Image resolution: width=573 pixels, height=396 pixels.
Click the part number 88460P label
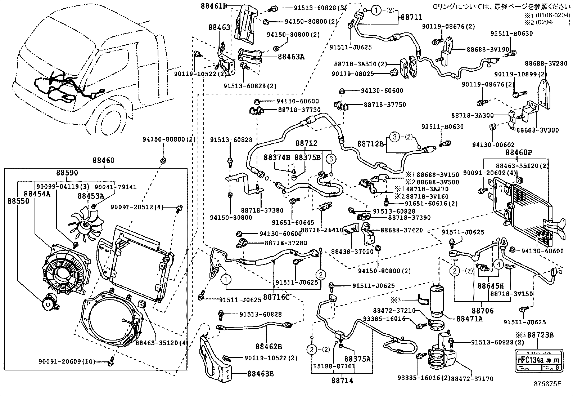tap(518, 152)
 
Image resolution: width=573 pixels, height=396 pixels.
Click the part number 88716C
tap(276, 297)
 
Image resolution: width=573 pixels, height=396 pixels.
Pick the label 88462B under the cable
tap(269, 347)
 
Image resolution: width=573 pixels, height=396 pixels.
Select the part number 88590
tap(67, 173)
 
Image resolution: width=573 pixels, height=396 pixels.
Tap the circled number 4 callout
tap(498, 264)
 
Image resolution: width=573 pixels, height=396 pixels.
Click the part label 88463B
tap(260, 374)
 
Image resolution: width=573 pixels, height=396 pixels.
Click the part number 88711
tap(411, 17)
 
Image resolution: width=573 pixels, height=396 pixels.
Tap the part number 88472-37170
tap(472, 379)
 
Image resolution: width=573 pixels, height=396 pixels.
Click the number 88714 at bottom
tap(342, 380)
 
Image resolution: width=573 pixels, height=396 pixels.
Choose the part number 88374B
tap(277, 157)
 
